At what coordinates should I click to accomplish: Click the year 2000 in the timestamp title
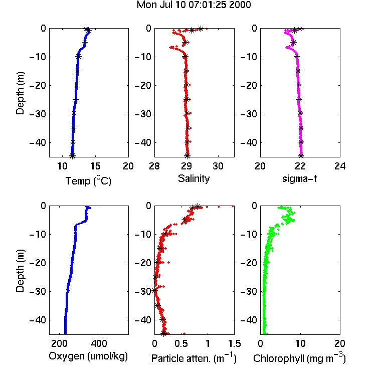[240, 5]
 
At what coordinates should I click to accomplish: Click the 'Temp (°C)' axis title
[88, 180]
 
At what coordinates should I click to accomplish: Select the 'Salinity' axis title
[194, 178]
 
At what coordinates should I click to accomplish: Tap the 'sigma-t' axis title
[299, 178]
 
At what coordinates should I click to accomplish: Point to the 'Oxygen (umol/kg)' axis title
[88, 356]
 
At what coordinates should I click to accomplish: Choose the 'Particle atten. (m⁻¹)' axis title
[194, 358]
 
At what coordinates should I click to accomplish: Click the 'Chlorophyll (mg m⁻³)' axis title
[299, 358]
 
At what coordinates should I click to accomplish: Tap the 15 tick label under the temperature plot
[95, 166]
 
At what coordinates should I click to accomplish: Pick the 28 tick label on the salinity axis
[154, 166]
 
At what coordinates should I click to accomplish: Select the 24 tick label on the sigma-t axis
[340, 166]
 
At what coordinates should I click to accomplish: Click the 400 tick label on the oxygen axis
[99, 343]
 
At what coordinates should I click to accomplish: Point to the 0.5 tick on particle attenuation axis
[181, 343]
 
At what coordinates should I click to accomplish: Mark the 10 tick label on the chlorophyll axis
[300, 343]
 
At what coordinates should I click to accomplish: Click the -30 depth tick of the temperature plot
[38, 114]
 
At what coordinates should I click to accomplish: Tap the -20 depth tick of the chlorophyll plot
[249, 263]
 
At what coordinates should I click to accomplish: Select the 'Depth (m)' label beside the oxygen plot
[20, 271]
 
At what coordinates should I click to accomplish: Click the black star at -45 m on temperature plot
[72, 156]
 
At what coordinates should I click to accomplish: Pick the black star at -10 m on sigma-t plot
[297, 56]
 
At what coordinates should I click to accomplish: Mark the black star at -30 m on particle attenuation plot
[155, 290]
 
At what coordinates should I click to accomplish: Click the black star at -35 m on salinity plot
[188, 128]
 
